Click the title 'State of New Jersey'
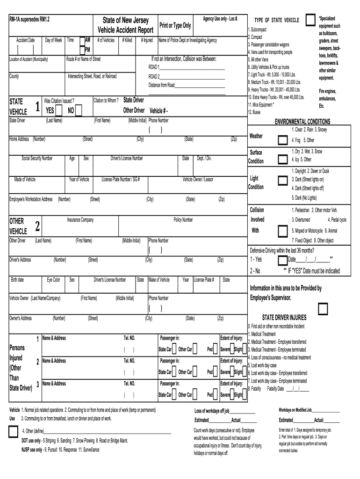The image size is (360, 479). pyautogui.click(x=125, y=21)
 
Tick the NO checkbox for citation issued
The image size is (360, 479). pyautogui.click(x=78, y=110)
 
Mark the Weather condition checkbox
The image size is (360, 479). pyautogui.click(x=282, y=140)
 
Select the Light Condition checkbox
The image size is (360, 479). pyautogui.click(x=282, y=181)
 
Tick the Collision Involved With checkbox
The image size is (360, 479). pyautogui.click(x=282, y=231)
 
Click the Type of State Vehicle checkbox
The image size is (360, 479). pyautogui.click(x=310, y=20)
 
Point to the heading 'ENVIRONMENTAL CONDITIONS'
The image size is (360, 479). pyautogui.click(x=302, y=121)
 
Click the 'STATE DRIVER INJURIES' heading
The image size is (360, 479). pyautogui.click(x=284, y=317)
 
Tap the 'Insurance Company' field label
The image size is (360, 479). pyautogui.click(x=80, y=220)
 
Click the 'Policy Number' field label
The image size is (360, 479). pyautogui.click(x=183, y=220)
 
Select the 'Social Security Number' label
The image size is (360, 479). pyautogui.click(x=37, y=159)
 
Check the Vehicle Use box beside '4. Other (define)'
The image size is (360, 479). pyautogui.click(x=13, y=431)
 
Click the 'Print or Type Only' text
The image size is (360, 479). pyautogui.click(x=175, y=25)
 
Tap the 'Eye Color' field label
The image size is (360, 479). pyautogui.click(x=53, y=280)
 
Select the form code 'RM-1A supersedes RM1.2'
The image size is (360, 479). pyautogui.click(x=29, y=19)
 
